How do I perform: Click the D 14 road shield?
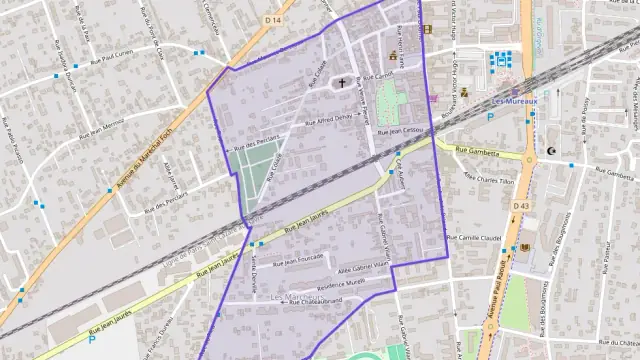point(272,19)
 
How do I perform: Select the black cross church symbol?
point(341,83)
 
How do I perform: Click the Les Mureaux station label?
point(515,100)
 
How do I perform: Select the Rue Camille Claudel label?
point(473,238)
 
